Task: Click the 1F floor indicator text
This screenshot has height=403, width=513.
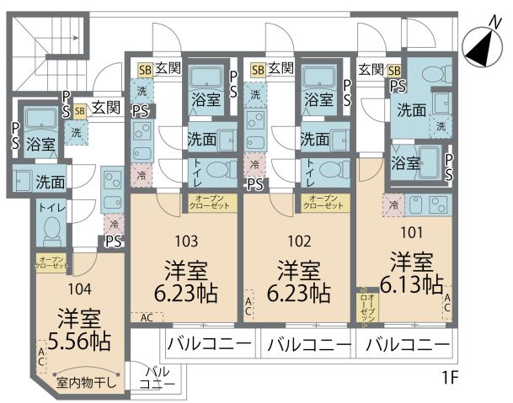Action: (x=449, y=376)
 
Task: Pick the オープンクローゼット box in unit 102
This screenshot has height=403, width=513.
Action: (x=323, y=202)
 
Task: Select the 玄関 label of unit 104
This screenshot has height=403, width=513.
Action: (x=106, y=108)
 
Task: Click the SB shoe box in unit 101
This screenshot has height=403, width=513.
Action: (x=393, y=70)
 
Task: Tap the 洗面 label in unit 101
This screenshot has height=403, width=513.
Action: (x=411, y=109)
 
